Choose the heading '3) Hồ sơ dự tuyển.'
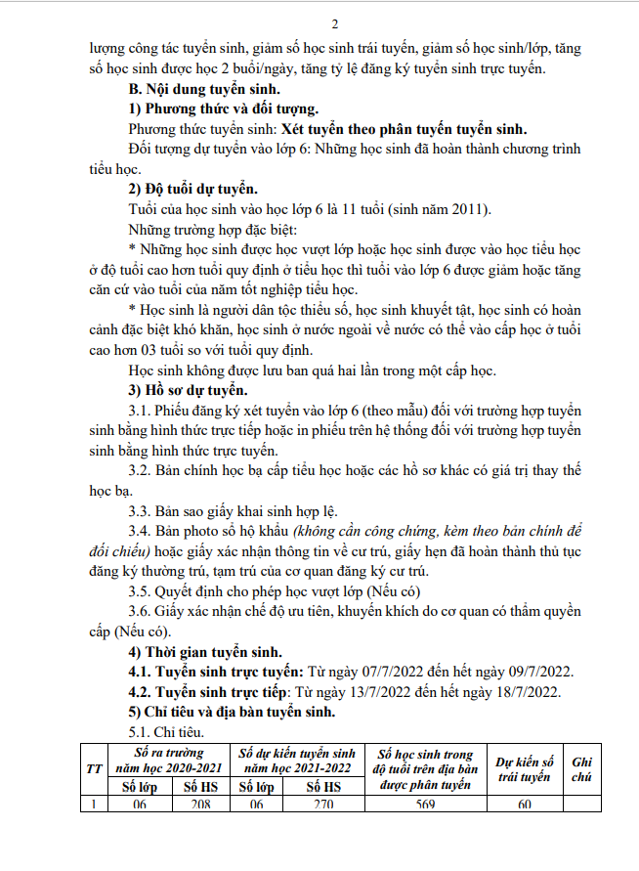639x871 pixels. point(191,389)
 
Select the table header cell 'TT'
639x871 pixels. point(94,769)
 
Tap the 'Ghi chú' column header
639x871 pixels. point(582,768)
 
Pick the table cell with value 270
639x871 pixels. point(325,805)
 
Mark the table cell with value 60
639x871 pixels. point(525,805)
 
